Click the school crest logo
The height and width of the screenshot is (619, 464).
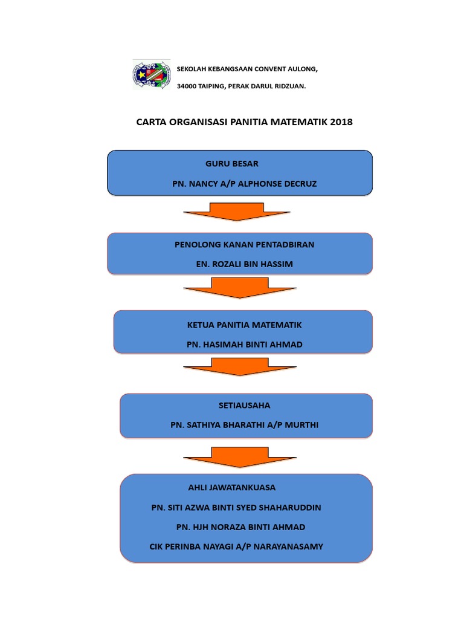pyautogui.click(x=152, y=75)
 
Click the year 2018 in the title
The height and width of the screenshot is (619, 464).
pyautogui.click(x=341, y=122)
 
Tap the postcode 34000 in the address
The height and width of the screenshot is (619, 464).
pyautogui.click(x=187, y=86)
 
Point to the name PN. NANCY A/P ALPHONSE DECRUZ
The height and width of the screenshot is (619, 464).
pyautogui.click(x=244, y=183)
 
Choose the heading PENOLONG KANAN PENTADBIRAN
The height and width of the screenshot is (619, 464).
pyautogui.click(x=244, y=244)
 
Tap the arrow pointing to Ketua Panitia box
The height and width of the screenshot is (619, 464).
pyautogui.click(x=239, y=288)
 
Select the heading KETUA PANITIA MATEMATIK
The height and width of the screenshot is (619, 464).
pyautogui.click(x=244, y=325)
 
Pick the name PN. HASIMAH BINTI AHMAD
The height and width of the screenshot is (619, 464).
pyautogui.click(x=244, y=345)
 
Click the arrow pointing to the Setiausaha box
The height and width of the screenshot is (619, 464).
pyautogui.click(x=239, y=367)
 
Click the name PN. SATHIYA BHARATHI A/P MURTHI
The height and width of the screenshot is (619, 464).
pyautogui.click(x=244, y=425)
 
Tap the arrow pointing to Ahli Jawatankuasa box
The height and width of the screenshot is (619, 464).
pyautogui.click(x=239, y=457)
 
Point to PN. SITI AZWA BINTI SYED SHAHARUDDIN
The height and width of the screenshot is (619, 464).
pyautogui.click(x=236, y=508)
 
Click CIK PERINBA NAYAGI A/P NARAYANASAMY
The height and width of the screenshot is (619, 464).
pyautogui.click(x=236, y=546)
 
